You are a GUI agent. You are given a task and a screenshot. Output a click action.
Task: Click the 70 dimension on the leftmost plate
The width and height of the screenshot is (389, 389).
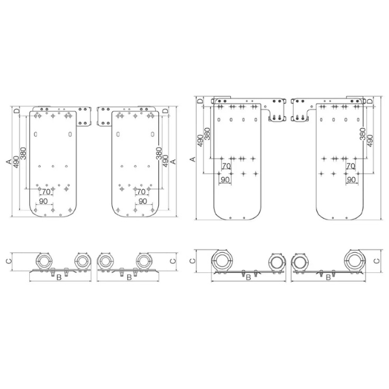(x=46, y=192)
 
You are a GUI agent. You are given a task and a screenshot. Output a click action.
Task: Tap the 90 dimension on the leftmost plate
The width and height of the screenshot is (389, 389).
(x=43, y=201)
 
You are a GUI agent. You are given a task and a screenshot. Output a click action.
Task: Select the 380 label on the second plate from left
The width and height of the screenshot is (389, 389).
(x=159, y=153)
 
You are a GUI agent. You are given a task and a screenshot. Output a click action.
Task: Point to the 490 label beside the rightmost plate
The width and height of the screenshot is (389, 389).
(x=370, y=141)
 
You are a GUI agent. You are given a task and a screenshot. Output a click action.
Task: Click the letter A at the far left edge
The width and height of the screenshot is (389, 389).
(x=8, y=161)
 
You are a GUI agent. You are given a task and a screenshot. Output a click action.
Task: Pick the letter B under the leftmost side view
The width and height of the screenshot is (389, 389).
(x=59, y=277)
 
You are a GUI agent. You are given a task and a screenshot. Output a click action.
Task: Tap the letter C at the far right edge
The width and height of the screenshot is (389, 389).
(x=377, y=261)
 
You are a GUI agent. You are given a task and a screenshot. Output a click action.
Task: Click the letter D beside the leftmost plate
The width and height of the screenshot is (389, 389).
(x=16, y=111)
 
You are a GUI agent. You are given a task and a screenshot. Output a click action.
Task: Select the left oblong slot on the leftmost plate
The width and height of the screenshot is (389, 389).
(x=36, y=134)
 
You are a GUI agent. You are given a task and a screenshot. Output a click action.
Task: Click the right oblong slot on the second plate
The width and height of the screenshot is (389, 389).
(x=152, y=134)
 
